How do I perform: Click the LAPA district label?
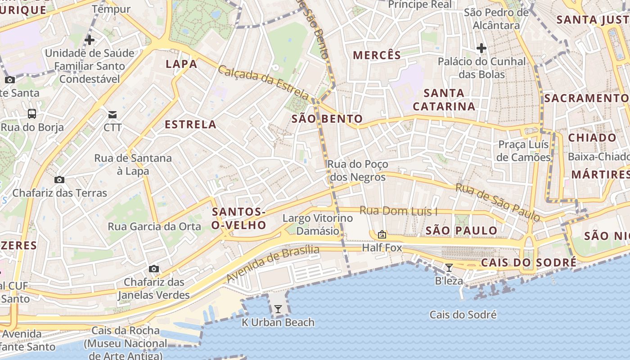tap(181, 64)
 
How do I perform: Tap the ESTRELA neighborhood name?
tap(190, 125)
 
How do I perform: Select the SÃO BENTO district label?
tap(327, 119)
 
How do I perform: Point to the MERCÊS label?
tap(377, 55)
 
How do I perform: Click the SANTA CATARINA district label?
tap(444, 100)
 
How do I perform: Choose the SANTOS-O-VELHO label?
tap(238, 218)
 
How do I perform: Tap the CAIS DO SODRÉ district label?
tap(529, 263)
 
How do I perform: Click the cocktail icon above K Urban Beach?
tap(278, 309)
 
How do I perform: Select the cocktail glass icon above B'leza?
tap(449, 268)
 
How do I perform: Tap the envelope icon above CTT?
tap(112, 115)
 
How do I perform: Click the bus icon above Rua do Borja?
tap(32, 114)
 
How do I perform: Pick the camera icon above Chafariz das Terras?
tap(59, 180)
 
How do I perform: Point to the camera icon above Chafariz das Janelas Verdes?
tap(154, 269)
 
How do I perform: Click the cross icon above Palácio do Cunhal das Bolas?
tap(481, 48)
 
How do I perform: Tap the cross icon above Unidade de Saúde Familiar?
tap(90, 40)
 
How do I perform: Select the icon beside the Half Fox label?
tap(382, 234)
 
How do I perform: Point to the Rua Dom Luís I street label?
tap(399, 211)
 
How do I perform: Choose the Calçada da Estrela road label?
tap(264, 82)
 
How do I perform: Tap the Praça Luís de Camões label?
tap(524, 151)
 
